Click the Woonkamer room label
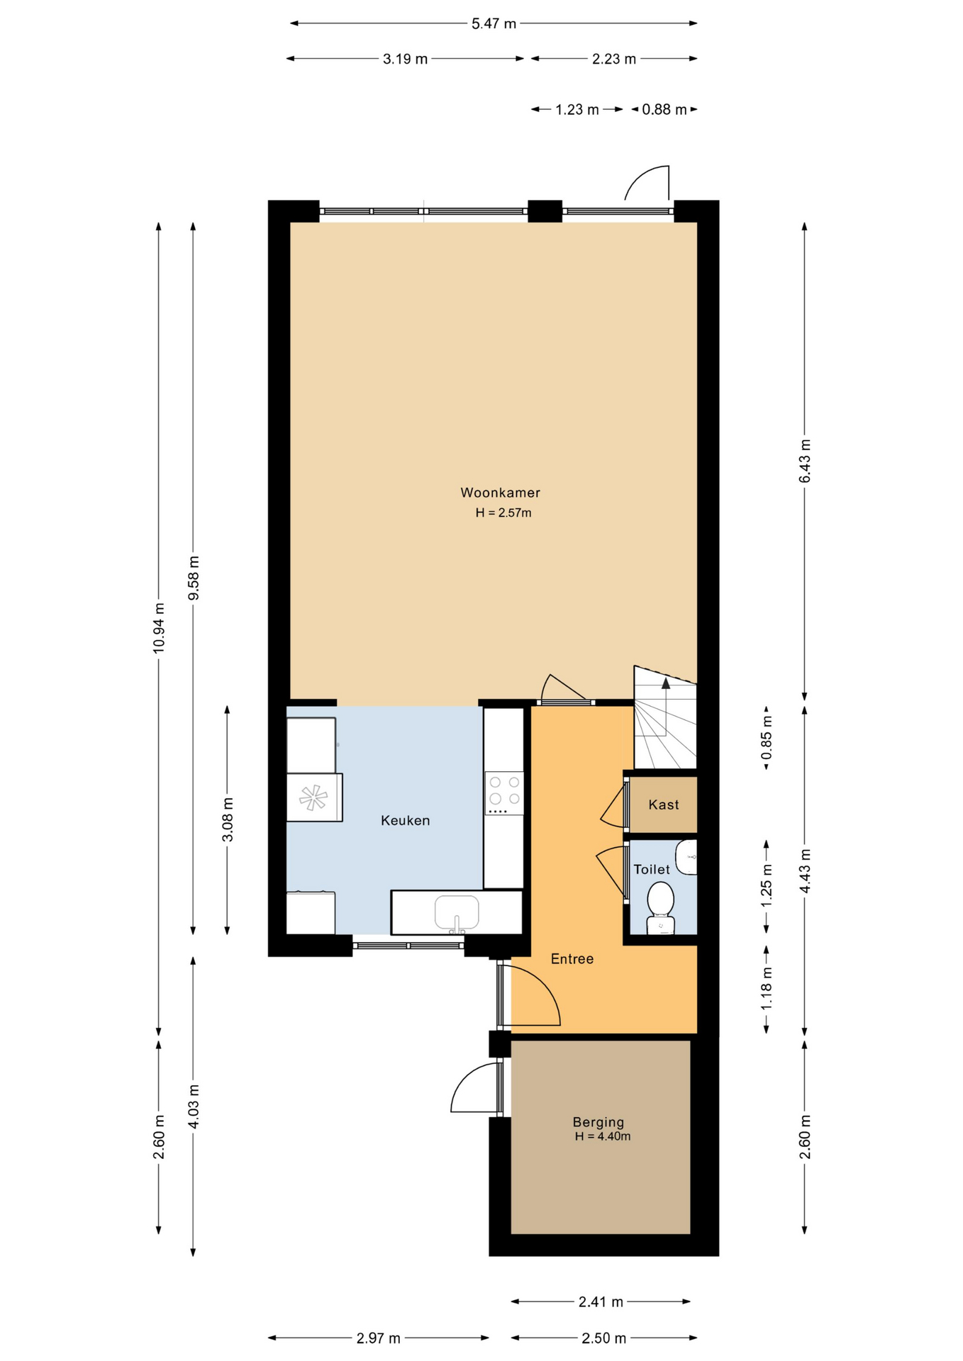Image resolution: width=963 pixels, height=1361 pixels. tap(500, 493)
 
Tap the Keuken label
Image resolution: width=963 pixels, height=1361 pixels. tap(405, 820)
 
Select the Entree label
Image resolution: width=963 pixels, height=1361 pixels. tap(572, 958)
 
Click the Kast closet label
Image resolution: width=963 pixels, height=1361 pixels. tap(663, 805)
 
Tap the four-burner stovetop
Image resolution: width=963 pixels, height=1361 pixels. tap(504, 793)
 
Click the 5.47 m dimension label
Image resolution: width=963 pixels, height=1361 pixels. tap(494, 23)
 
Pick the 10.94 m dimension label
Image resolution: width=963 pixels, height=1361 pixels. tap(159, 628)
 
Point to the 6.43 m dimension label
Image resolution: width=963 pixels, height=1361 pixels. tap(805, 461)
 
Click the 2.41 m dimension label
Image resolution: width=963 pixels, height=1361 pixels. tap(601, 1301)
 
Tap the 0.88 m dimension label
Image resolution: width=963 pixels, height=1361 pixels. tap(664, 109)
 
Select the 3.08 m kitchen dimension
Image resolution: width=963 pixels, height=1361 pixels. tap(228, 819)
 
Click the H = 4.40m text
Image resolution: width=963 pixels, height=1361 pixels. tap(602, 1136)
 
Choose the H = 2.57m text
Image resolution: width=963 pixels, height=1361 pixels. tap(503, 513)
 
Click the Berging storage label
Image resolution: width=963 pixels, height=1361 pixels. tap(599, 1122)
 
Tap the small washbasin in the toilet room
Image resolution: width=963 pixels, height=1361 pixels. tap(686, 857)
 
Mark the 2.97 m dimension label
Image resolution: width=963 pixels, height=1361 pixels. tap(378, 1338)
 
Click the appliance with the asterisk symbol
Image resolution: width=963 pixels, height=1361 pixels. tap(314, 797)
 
